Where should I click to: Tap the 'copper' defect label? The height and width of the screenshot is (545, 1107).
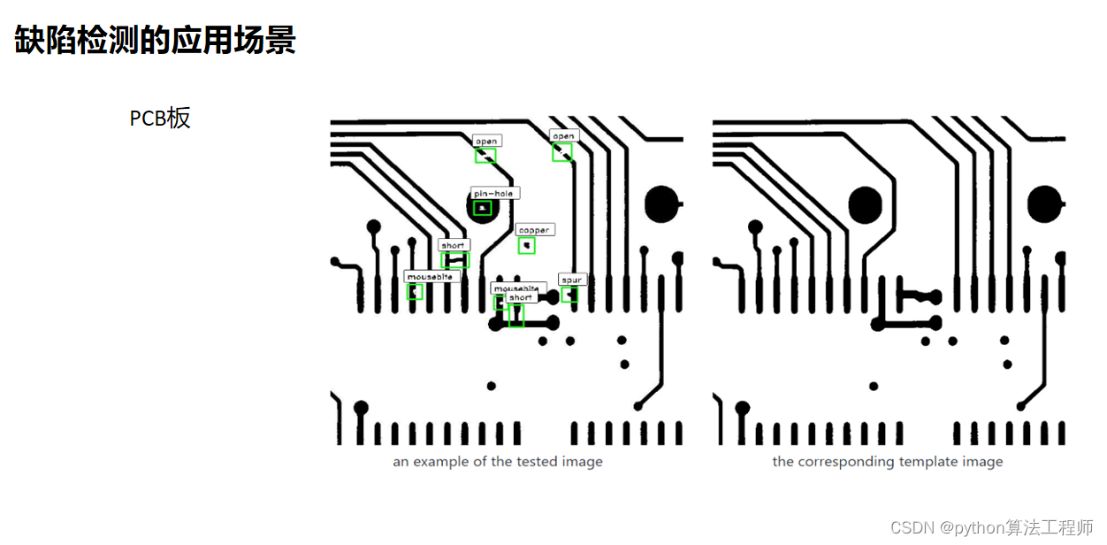point(533,230)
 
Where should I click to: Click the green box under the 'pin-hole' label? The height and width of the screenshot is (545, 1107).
point(482,208)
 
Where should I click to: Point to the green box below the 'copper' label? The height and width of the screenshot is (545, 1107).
point(527,245)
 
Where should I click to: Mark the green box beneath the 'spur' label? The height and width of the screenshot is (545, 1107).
point(569,295)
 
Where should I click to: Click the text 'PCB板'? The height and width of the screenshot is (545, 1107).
point(160,119)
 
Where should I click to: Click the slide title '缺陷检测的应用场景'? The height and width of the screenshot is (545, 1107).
point(155,41)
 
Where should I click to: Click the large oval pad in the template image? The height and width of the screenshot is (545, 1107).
point(866,204)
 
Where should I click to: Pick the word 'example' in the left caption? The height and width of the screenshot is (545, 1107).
point(440,462)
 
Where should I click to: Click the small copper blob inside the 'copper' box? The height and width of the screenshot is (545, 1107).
point(527,245)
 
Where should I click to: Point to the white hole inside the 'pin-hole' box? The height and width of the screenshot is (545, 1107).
point(481,208)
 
